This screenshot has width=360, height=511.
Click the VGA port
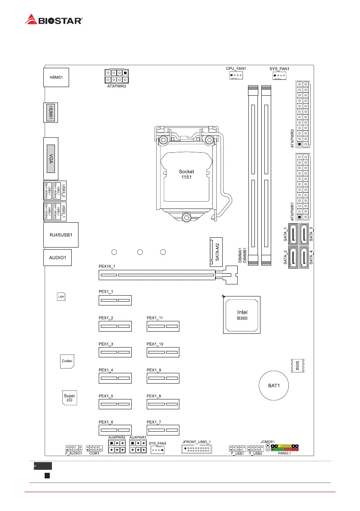pos(51,157)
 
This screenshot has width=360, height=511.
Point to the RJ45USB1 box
pos(61,235)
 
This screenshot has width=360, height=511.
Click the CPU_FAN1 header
pos(236,76)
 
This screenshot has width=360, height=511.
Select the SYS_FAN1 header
pos(279,76)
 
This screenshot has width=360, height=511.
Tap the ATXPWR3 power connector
pos(116,76)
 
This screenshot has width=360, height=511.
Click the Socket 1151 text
pos(186,174)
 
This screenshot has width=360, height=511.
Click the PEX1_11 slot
pos(163,327)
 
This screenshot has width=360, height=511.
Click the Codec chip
pos(67,361)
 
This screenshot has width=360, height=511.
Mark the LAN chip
pos(61,296)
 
